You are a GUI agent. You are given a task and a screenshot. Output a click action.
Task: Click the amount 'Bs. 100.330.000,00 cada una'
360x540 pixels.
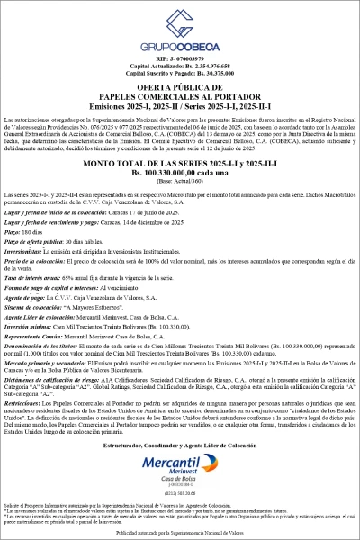click(x=180, y=173)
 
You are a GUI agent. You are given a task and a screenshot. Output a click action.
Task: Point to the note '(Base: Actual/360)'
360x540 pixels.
click(x=180, y=181)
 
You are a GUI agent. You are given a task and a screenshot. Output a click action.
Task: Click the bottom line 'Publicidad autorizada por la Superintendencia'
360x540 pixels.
click(x=180, y=533)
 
